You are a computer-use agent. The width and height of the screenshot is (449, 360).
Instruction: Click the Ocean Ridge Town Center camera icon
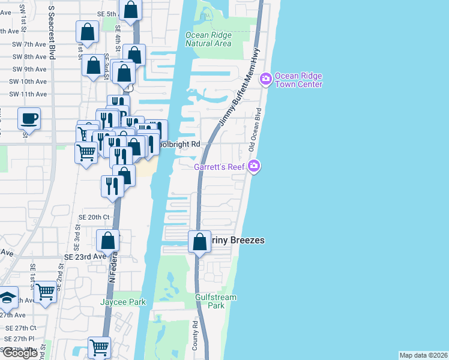click(266, 79)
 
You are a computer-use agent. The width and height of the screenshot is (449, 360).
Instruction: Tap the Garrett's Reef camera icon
click(254, 166)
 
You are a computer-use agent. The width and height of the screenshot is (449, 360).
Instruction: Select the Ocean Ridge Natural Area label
click(208, 40)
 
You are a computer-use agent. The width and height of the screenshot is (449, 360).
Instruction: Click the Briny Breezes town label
click(237, 240)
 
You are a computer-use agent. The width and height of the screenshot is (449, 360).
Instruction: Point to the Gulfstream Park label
click(216, 301)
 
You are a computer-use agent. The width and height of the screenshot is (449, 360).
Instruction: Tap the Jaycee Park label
click(123, 302)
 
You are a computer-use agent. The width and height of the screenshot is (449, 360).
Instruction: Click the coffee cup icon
click(28, 118)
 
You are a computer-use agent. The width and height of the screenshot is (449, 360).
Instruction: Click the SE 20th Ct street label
click(94, 217)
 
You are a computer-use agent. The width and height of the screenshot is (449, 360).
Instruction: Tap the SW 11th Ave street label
click(28, 94)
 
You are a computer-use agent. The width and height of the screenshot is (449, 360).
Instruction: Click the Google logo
click(20, 353)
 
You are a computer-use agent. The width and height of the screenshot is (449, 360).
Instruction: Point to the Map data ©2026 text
click(423, 355)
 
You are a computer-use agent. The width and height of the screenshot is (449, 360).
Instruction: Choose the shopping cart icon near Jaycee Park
click(46, 292)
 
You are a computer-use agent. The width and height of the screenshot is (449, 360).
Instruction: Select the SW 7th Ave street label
click(28, 44)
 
